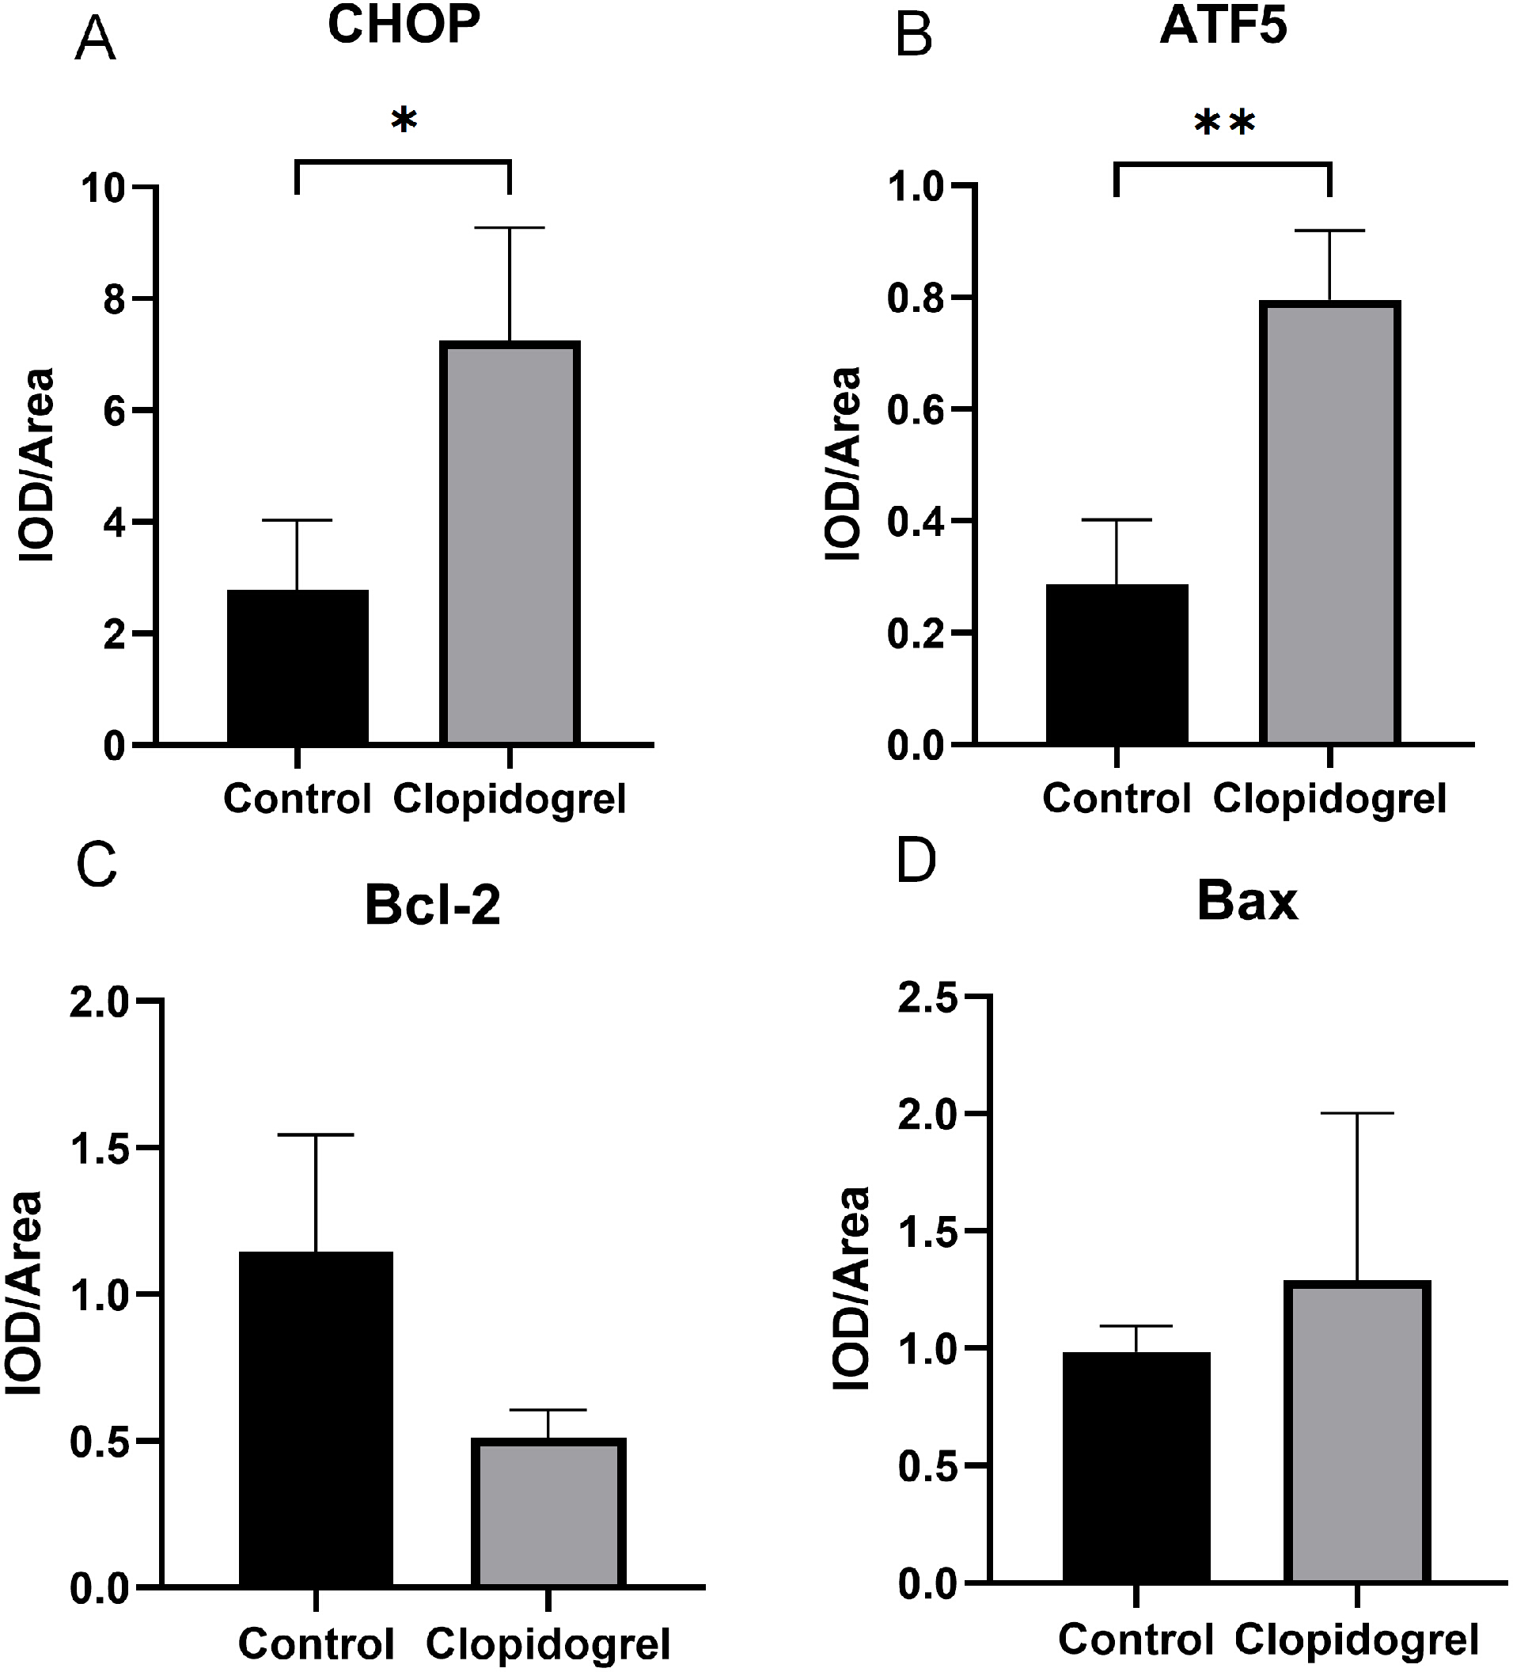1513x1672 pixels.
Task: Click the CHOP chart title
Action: (404, 25)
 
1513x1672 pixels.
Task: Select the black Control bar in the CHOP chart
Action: (298, 666)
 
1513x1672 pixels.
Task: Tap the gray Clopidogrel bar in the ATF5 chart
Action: (1329, 522)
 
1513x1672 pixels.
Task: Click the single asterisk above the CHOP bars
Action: (404, 121)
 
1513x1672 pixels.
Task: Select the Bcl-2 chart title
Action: (432, 905)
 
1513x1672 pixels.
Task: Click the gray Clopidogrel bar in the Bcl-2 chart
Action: (548, 1514)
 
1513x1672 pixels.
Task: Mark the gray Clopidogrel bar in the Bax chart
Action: (1357, 1432)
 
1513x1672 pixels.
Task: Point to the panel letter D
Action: (916, 861)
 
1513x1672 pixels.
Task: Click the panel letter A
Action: (95, 40)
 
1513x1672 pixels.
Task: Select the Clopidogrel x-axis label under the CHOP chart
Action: (509, 799)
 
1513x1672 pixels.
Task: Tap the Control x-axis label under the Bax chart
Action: (1135, 1639)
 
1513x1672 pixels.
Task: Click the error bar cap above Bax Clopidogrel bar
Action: (1357, 1113)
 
